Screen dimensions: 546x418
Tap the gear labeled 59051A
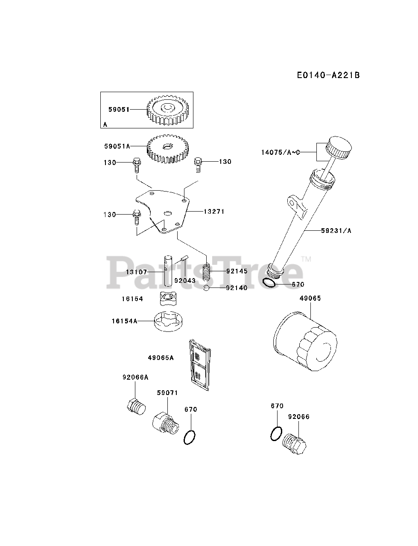(166, 149)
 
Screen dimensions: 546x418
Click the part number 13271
(214, 211)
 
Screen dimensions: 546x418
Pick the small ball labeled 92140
(206, 288)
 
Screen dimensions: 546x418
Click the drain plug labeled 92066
(296, 446)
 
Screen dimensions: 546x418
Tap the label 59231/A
(336, 231)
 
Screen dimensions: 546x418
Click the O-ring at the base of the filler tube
(269, 283)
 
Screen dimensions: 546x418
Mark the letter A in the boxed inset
(105, 125)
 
